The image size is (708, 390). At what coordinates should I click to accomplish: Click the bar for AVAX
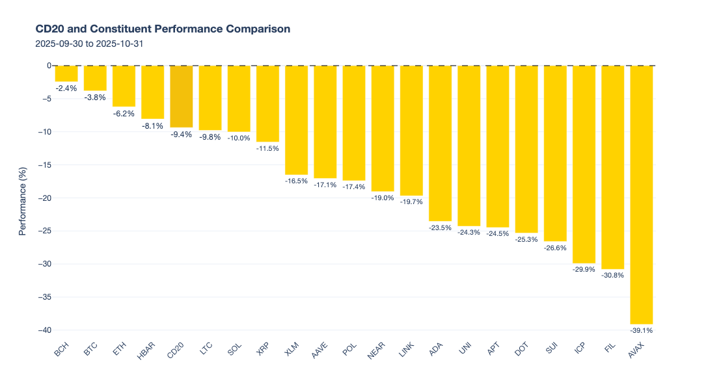[x=641, y=195]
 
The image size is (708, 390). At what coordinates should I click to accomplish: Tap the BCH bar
[x=66, y=73]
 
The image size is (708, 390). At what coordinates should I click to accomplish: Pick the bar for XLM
[x=296, y=120]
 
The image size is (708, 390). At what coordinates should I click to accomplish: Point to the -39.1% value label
[x=641, y=331]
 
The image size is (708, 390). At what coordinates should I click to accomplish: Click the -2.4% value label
[x=66, y=88]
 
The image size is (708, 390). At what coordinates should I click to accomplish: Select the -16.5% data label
[x=296, y=181]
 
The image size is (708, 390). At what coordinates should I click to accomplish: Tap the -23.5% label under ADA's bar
[x=440, y=227]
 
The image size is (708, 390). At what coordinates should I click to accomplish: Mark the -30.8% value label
[x=612, y=275]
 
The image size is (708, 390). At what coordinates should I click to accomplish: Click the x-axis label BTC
[x=90, y=351]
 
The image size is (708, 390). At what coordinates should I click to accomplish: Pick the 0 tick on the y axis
[x=48, y=66]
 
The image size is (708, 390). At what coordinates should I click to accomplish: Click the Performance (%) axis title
[x=22, y=198]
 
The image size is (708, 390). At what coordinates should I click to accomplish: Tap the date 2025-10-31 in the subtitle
[x=120, y=44]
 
